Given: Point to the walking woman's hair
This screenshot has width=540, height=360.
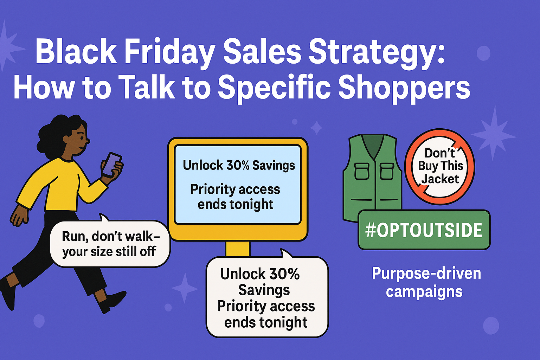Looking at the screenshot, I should (58, 132).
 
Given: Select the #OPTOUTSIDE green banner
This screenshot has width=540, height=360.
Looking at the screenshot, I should (424, 230).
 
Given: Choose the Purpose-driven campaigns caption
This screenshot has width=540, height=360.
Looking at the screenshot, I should (426, 282).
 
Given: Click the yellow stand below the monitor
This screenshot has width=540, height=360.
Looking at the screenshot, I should (238, 249).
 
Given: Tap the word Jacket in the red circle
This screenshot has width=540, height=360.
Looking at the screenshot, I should (440, 179).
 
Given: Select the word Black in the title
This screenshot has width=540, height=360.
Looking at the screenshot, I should (76, 53).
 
